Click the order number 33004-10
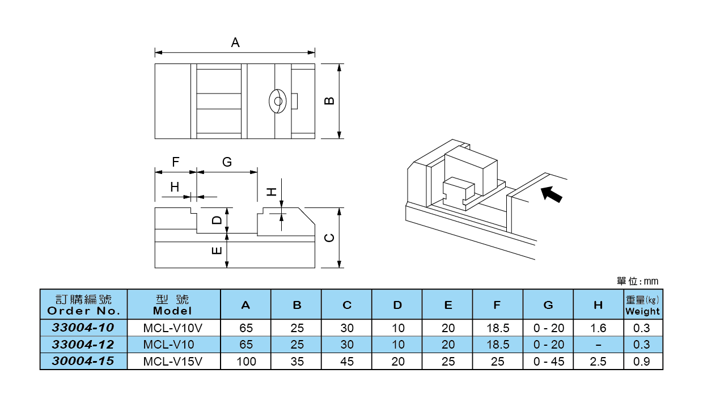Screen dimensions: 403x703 (x=83, y=328)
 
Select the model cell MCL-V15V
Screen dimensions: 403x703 (x=173, y=362)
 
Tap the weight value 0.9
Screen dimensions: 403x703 (x=642, y=362)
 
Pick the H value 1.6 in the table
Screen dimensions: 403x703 (x=598, y=328)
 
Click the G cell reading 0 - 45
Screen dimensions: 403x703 (x=548, y=362)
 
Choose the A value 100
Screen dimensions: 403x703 (x=245, y=362)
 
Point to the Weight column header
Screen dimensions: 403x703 (x=642, y=305)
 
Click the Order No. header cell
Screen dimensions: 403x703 (x=83, y=305)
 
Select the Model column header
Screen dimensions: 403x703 (x=173, y=305)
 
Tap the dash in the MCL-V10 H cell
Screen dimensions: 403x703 (x=598, y=345)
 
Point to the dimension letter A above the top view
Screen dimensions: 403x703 (x=235, y=43)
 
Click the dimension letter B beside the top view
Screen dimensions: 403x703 (x=329, y=101)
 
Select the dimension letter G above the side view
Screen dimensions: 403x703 (x=227, y=162)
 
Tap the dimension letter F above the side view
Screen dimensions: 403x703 (x=176, y=162)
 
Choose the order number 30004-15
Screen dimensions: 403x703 (x=83, y=362)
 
